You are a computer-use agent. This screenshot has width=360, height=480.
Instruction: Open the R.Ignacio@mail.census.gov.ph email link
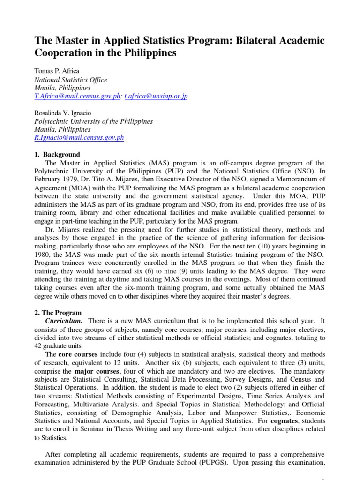79,138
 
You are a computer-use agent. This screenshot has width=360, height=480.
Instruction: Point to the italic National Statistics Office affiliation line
71,80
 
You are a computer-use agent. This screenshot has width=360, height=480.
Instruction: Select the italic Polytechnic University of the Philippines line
94,121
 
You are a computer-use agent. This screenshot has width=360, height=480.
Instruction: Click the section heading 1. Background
57,155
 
